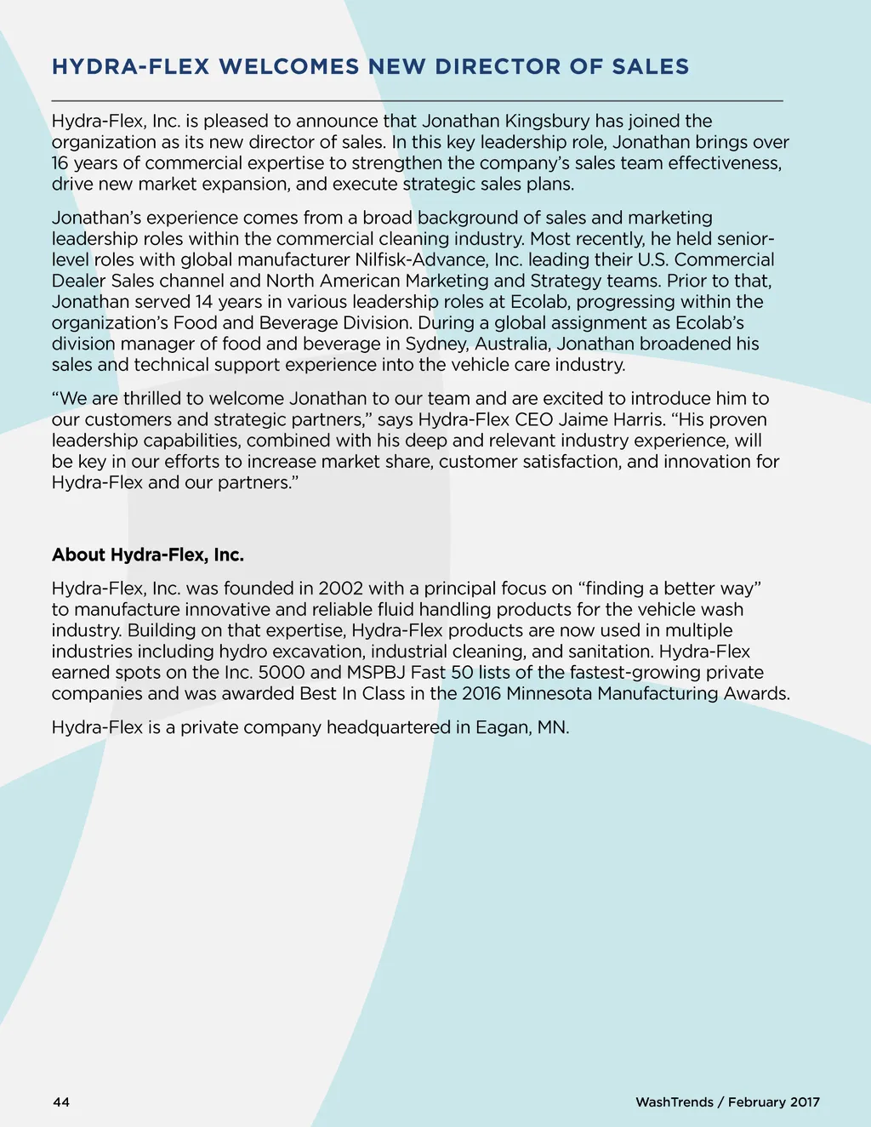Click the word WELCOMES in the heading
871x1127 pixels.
[x=289, y=66]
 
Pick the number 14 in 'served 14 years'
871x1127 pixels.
[x=204, y=302]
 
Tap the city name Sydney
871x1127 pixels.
[x=435, y=344]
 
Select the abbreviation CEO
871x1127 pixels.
[x=534, y=419]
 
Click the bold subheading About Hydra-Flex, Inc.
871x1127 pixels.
[x=148, y=555]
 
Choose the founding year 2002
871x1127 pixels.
[x=341, y=589]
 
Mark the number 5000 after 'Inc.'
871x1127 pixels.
[x=282, y=672]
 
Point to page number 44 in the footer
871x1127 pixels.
[x=61, y=1102]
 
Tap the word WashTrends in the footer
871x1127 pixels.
[x=675, y=1102]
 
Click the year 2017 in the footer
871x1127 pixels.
[x=805, y=1102]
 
